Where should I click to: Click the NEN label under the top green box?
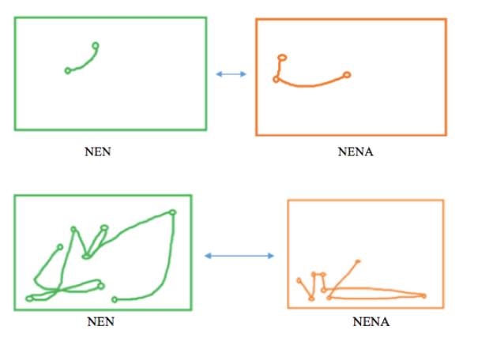97,152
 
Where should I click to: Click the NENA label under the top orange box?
355,152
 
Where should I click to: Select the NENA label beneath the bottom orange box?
371,322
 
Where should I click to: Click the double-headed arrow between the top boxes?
231,74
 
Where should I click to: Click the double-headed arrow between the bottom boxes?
239,256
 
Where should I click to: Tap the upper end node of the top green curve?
96,45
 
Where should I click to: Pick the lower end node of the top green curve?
68,71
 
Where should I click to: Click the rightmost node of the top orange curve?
347,75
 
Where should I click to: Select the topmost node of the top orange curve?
281,58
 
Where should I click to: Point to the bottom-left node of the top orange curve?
276,80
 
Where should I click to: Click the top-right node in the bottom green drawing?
172,212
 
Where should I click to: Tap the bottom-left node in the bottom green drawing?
29,298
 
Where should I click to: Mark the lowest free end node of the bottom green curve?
115,300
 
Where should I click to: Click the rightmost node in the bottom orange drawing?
424,296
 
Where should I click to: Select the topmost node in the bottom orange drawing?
359,261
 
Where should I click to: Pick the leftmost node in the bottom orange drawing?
299,280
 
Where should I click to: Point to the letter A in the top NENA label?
368,152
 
